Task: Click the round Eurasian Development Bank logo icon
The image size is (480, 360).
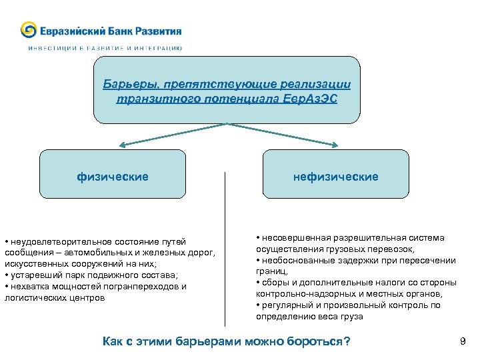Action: pos(29,30)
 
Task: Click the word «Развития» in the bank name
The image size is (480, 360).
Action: pos(158,31)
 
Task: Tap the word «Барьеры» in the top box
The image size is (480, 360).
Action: pos(125,85)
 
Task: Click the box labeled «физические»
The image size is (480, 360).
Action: pos(113,177)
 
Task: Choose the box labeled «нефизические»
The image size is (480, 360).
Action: pos(336,177)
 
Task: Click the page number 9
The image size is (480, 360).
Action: pos(463,342)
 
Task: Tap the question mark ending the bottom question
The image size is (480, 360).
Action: pos(346,342)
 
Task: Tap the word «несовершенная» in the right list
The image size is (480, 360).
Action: pos(288,238)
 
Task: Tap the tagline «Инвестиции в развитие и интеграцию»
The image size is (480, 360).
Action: pos(105,48)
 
